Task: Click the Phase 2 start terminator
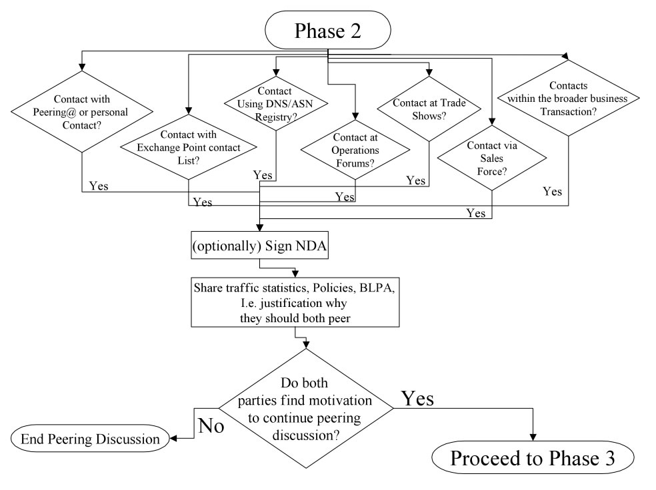pyautogui.click(x=328, y=30)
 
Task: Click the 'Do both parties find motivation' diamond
pyautogui.click(x=306, y=409)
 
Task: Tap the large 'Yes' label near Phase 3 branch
pyautogui.click(x=417, y=398)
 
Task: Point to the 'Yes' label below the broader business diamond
pyautogui.click(x=551, y=192)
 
